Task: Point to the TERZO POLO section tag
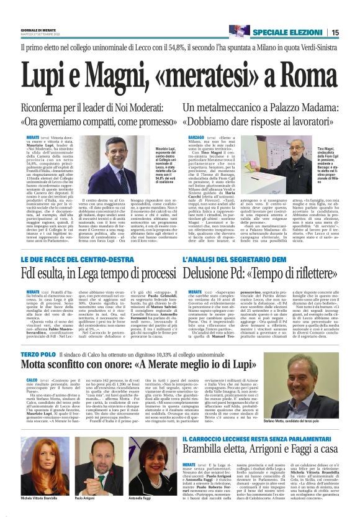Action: pyautogui.click(x=40, y=353)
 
